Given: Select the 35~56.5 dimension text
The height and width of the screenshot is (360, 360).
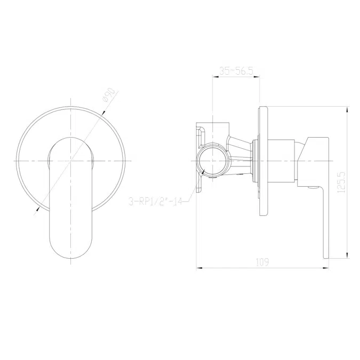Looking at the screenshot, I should pos(236,70).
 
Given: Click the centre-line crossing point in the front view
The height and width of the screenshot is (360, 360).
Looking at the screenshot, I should pos(71,161).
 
